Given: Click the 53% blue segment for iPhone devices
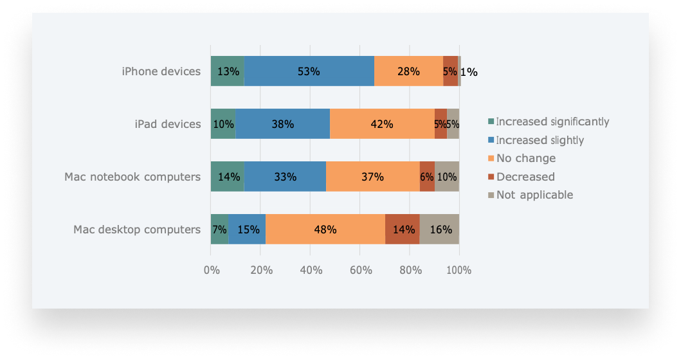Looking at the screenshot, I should point(309,71).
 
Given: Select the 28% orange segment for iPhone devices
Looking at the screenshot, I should point(409,71).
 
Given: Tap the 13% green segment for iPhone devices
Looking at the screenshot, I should point(228,71).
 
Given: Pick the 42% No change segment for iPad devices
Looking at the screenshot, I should point(382,124).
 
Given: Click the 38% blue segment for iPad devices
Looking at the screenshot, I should point(282,124).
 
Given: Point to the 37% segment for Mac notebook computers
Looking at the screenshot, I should point(372,177).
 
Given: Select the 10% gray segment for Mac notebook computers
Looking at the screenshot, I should point(446,177).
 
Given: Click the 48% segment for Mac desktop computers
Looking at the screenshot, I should point(325,230).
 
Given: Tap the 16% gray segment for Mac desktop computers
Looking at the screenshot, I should point(439,230).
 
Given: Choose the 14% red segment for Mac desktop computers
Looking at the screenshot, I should point(403,230).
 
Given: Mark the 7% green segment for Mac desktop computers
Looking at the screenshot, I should point(220,230).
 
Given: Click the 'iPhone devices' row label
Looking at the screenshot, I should point(161,71).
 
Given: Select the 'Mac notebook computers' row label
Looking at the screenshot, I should point(132,177).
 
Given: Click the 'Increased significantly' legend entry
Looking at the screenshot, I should point(552,122).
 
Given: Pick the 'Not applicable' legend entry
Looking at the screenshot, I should point(534,195).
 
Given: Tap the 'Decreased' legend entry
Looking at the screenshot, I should point(525,177).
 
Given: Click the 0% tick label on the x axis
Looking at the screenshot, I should point(212,270).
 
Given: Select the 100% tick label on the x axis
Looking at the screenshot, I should point(459,270).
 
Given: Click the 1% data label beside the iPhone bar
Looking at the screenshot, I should point(469,72).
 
